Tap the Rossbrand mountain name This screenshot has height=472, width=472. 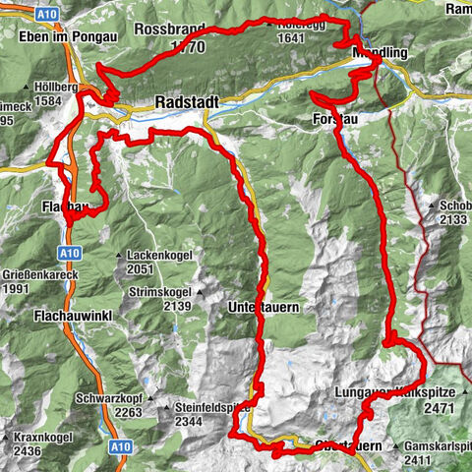171,29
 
